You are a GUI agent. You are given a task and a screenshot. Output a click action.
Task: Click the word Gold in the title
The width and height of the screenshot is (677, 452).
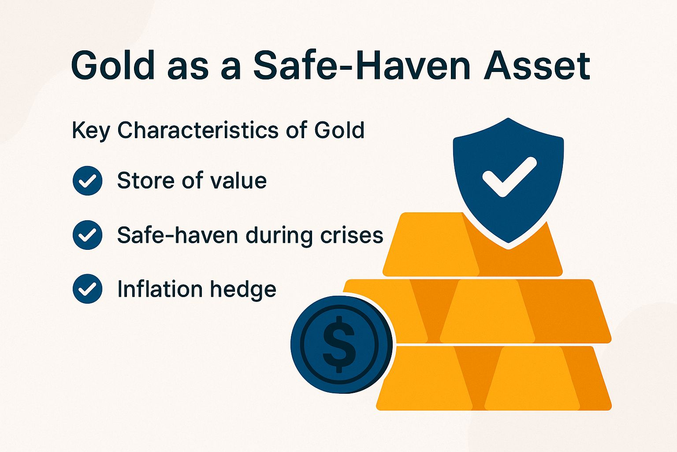pos(113,65)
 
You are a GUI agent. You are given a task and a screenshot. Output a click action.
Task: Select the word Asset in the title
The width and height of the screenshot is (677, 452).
pos(537,65)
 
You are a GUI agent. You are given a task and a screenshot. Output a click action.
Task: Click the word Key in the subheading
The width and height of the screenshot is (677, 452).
pos(90,131)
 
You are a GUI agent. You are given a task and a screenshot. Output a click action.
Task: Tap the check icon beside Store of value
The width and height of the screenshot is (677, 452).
pos(87,181)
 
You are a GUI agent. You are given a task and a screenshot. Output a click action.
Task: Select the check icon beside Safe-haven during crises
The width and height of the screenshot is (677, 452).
pos(87,235)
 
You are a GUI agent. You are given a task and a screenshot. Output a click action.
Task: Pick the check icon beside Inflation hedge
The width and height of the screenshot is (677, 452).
pos(87,289)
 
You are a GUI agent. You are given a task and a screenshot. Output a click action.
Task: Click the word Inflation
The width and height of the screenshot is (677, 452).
pos(159,289)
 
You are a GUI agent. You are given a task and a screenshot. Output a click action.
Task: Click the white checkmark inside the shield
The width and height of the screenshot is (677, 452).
pos(509,177)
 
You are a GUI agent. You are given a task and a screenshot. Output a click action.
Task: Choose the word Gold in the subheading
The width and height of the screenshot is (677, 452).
pos(339,130)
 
